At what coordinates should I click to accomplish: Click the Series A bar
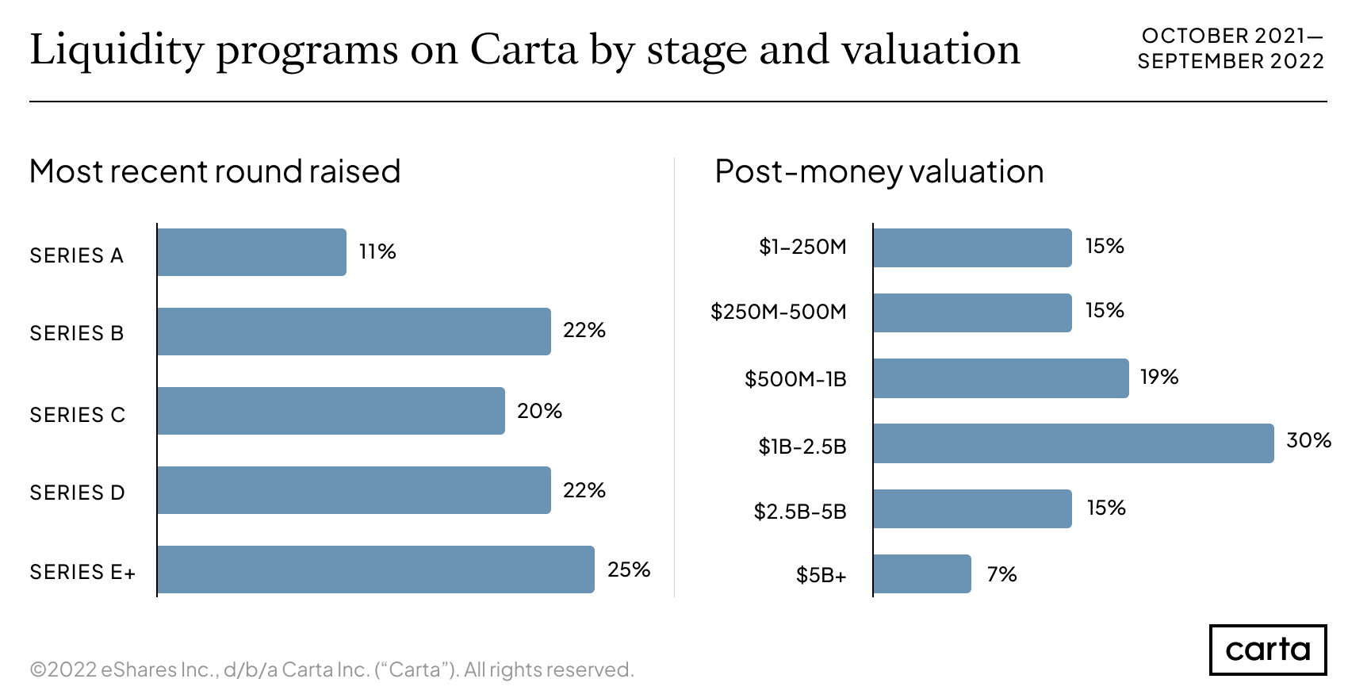[x=251, y=252]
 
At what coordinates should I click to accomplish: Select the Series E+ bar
[x=376, y=570]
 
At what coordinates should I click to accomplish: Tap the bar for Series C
[x=331, y=411]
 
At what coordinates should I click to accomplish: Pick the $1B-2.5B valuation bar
[x=1073, y=443]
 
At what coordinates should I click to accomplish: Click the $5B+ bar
[x=922, y=573]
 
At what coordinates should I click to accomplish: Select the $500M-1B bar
[x=1001, y=378]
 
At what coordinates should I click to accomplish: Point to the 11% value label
[x=377, y=252]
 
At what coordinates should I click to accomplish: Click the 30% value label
[x=1308, y=440]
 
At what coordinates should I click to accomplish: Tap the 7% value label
[x=1001, y=574]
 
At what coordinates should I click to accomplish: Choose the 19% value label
[x=1158, y=378]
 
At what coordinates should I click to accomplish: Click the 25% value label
[x=628, y=570]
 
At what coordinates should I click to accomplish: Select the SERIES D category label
[x=78, y=493]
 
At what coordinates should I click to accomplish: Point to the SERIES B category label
[x=77, y=333]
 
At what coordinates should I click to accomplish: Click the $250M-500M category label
[x=779, y=312]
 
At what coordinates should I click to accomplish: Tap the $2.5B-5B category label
[x=800, y=512]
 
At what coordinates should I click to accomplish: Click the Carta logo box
[x=1267, y=650]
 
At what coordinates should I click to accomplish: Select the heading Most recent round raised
[x=215, y=171]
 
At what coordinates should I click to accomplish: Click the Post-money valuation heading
[x=879, y=171]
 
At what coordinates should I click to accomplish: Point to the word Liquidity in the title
[x=117, y=50]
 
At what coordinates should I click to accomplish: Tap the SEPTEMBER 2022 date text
[x=1230, y=61]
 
